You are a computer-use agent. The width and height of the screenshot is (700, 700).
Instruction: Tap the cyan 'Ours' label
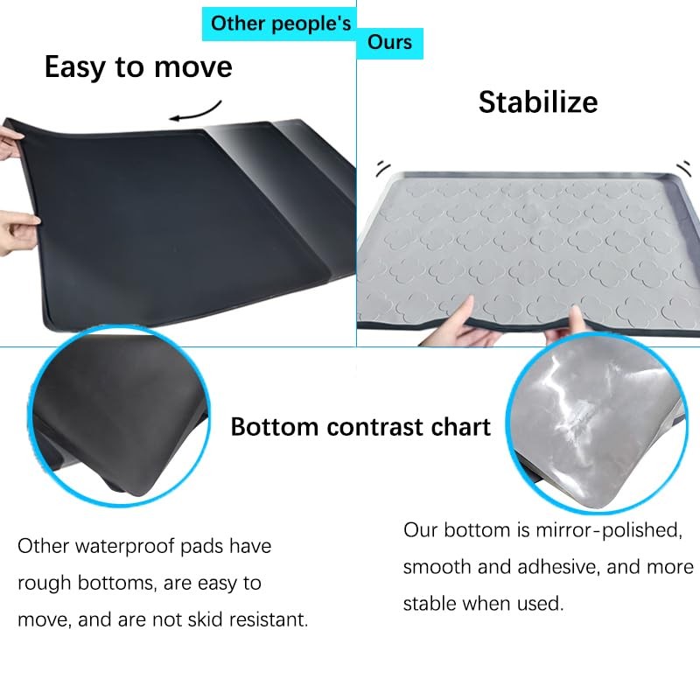389,43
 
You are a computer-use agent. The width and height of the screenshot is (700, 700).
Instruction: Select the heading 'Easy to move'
138,67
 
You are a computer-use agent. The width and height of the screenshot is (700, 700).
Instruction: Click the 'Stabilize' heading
538,102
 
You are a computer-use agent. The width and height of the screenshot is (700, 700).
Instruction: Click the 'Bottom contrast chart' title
360,427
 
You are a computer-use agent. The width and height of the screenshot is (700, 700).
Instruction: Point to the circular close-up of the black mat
118,416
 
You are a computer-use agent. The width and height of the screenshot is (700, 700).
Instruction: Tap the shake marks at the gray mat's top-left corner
382,167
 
